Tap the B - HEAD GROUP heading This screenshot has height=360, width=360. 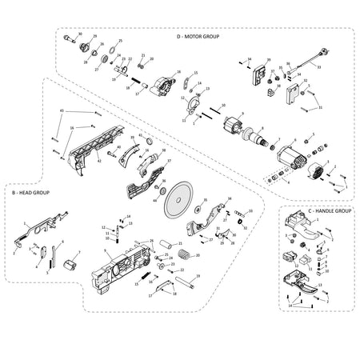click(x=30, y=194)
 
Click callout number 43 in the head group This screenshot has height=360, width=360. click(x=61, y=110)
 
